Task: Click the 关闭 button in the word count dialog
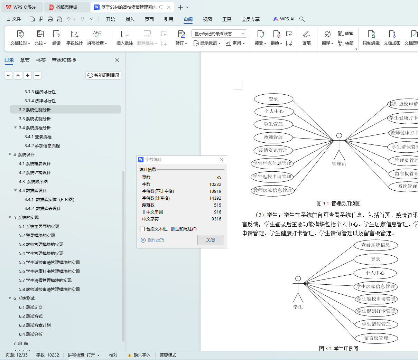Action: tap(211, 240)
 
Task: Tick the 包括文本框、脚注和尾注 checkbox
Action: tap(142, 229)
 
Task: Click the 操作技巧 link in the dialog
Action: tap(156, 240)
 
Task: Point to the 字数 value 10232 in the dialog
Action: tap(215, 184)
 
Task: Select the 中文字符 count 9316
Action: tap(216, 219)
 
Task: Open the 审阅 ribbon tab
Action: tap(188, 19)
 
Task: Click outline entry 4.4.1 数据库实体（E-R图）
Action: tap(49, 200)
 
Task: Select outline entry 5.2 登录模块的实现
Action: tap(37, 236)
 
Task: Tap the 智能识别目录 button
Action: tap(103, 75)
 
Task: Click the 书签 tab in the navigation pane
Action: tap(41, 60)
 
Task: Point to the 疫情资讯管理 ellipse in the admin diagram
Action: tap(273, 150)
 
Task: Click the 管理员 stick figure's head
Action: tap(339, 136)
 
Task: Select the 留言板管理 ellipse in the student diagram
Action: tap(376, 338)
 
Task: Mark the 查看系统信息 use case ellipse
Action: tap(375, 245)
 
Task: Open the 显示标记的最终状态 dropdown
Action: tap(219, 34)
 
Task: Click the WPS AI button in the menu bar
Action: tap(284, 19)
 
